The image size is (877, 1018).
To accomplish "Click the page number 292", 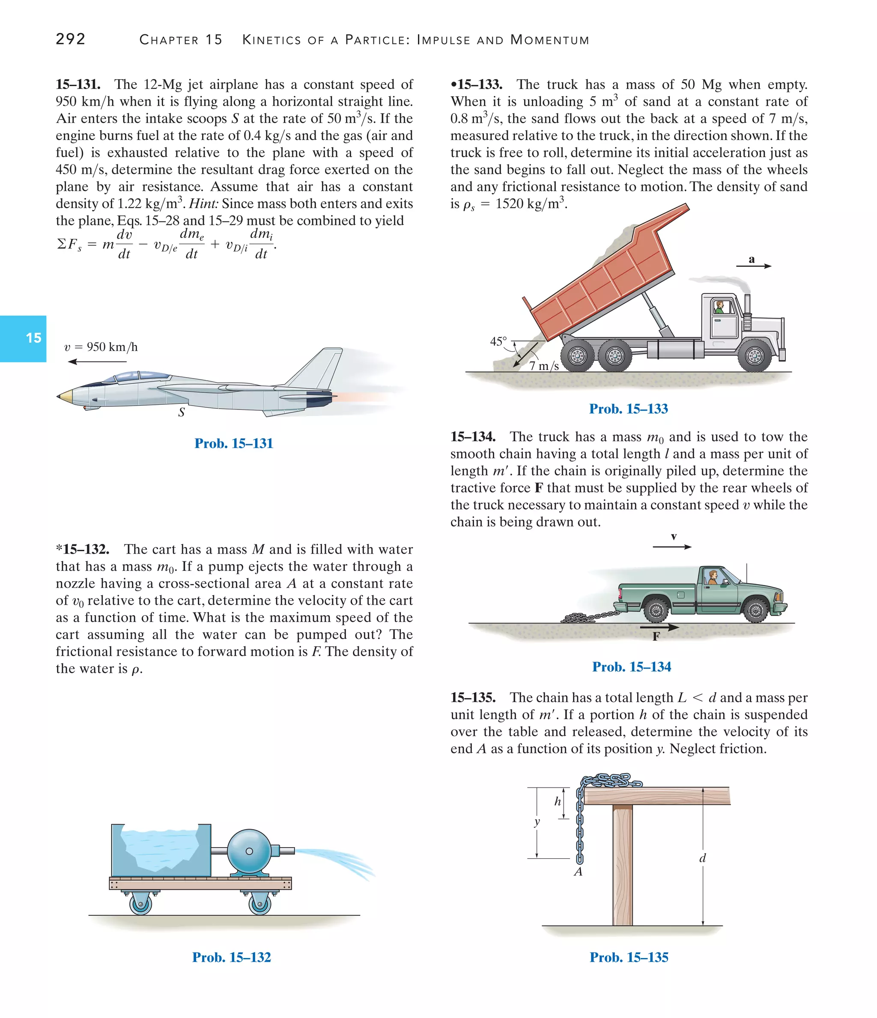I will click(x=71, y=39).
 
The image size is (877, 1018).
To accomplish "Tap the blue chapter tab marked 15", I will click(x=24, y=338).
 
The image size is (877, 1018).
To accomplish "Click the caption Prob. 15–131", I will click(x=233, y=443).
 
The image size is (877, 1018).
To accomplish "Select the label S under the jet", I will click(x=181, y=413).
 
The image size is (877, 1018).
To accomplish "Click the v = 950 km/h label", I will click(x=101, y=347).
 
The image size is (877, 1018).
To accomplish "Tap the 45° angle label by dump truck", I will click(x=498, y=341).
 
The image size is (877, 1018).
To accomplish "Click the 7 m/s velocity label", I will click(x=544, y=366).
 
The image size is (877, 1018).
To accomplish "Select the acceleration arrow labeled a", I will click(x=753, y=265).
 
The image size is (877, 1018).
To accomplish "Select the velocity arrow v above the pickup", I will click(x=673, y=546).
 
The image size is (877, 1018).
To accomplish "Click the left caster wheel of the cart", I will click(x=140, y=905).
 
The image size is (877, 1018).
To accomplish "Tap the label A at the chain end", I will click(x=578, y=872).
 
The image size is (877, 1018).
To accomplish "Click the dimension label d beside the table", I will click(x=702, y=858).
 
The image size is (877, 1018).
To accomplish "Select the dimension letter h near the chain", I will click(x=557, y=801).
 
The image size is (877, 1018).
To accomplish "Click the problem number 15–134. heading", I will click(x=473, y=437).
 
